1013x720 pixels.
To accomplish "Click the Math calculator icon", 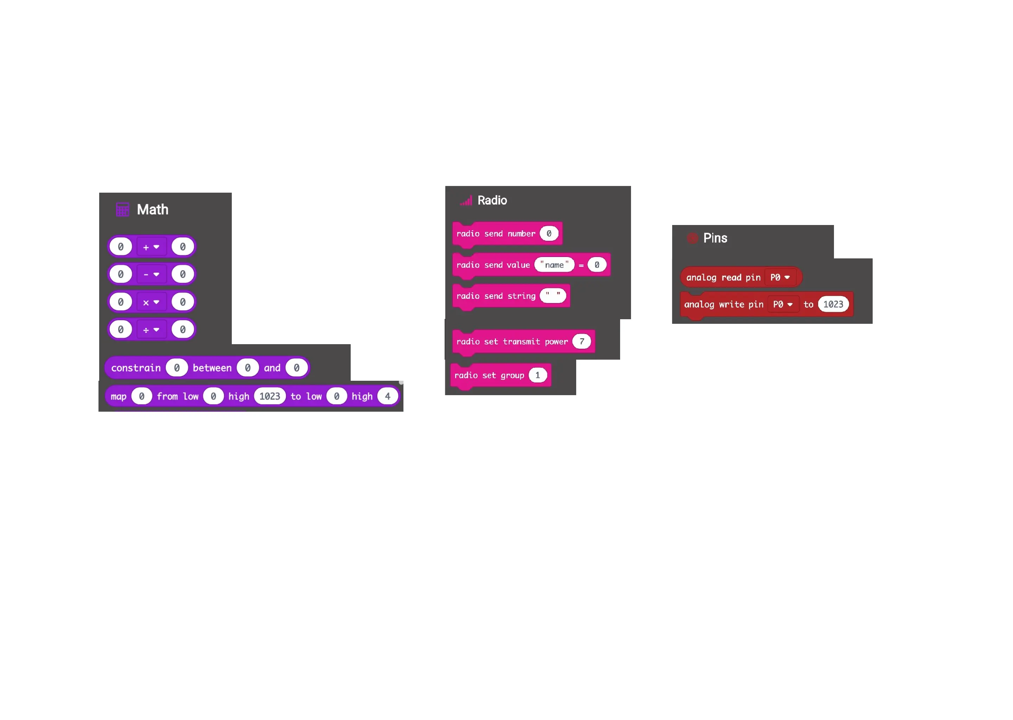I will point(122,209).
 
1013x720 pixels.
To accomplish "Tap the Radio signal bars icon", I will point(466,201).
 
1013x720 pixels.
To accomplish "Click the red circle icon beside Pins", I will point(692,238).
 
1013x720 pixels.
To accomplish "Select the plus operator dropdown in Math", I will point(151,247).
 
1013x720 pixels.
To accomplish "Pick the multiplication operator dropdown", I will point(151,302).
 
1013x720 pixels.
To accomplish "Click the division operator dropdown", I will point(151,330).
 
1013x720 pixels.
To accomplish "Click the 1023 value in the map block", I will point(270,396).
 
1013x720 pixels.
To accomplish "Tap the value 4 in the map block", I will point(388,396).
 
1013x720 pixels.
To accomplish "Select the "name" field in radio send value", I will point(554,265).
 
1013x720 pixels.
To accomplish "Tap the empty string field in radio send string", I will point(553,296).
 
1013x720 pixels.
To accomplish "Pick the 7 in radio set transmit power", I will point(582,341).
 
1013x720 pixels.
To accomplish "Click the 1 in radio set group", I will point(537,375).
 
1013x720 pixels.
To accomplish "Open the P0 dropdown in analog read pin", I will point(780,277).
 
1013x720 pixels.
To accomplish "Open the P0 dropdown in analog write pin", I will point(783,304).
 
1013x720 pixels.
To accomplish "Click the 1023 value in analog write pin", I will point(833,304).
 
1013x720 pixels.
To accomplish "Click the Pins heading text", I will point(715,238).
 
